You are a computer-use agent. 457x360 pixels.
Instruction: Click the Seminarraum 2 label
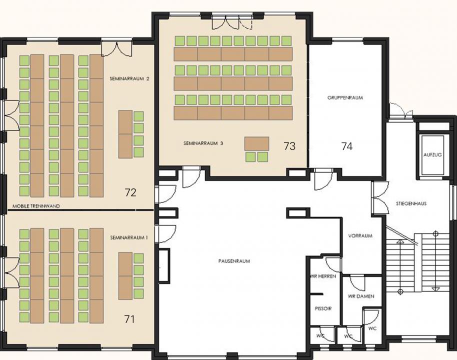(x=129, y=78)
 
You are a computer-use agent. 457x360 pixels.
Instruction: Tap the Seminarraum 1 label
(x=129, y=237)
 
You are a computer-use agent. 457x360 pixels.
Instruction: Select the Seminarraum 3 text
(x=203, y=143)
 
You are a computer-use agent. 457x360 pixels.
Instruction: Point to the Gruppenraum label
(x=345, y=97)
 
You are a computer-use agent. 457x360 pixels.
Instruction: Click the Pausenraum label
(x=234, y=261)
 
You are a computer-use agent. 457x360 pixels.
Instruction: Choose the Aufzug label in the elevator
(x=432, y=155)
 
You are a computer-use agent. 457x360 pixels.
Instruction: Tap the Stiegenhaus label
(x=411, y=203)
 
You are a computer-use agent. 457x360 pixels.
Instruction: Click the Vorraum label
(x=360, y=235)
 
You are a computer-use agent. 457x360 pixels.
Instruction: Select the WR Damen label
(x=361, y=296)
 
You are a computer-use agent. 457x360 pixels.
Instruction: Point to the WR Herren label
(x=323, y=276)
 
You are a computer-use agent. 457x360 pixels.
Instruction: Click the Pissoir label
(x=323, y=308)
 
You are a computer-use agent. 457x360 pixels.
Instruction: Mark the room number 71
(x=129, y=319)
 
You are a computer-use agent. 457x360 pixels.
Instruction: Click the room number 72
(x=130, y=192)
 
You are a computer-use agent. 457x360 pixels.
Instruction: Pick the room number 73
(x=289, y=145)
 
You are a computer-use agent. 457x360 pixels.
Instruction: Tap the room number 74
(x=347, y=146)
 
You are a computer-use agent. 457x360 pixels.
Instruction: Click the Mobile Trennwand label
(x=36, y=206)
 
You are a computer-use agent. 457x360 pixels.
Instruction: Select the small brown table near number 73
(x=256, y=143)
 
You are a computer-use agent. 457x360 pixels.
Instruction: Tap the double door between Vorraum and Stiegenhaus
(x=380, y=198)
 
